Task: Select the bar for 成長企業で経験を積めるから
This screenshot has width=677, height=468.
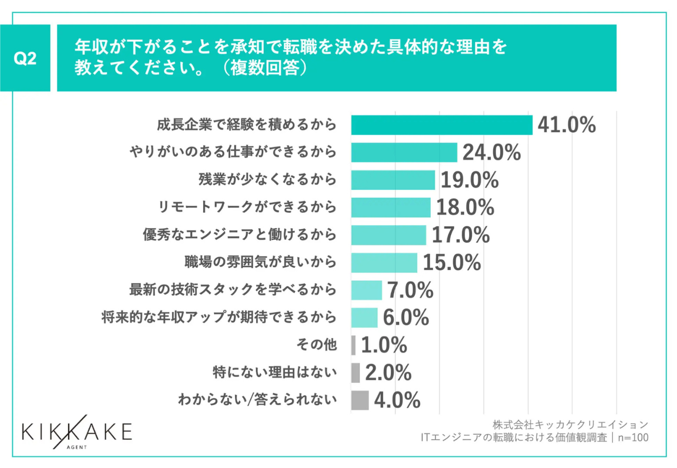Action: click(442, 125)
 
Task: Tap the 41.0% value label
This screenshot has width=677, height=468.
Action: click(567, 125)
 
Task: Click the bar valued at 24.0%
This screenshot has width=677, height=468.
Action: click(404, 152)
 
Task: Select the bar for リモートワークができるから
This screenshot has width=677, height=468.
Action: click(391, 207)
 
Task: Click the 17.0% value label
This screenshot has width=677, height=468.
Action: click(461, 235)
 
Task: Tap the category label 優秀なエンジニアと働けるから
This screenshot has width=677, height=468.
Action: click(240, 235)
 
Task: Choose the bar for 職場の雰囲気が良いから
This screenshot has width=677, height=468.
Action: click(384, 263)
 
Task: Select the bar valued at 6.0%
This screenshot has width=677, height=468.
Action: click(364, 317)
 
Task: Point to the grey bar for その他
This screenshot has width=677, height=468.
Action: click(354, 345)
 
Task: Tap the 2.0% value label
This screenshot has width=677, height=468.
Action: click(388, 372)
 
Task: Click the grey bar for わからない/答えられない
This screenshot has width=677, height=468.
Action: click(360, 400)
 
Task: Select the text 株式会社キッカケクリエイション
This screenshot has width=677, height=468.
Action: click(570, 424)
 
